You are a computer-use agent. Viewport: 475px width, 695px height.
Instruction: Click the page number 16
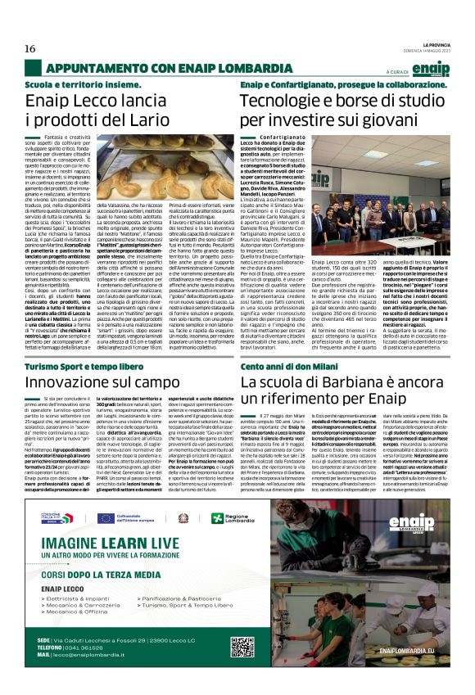click(29, 49)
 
